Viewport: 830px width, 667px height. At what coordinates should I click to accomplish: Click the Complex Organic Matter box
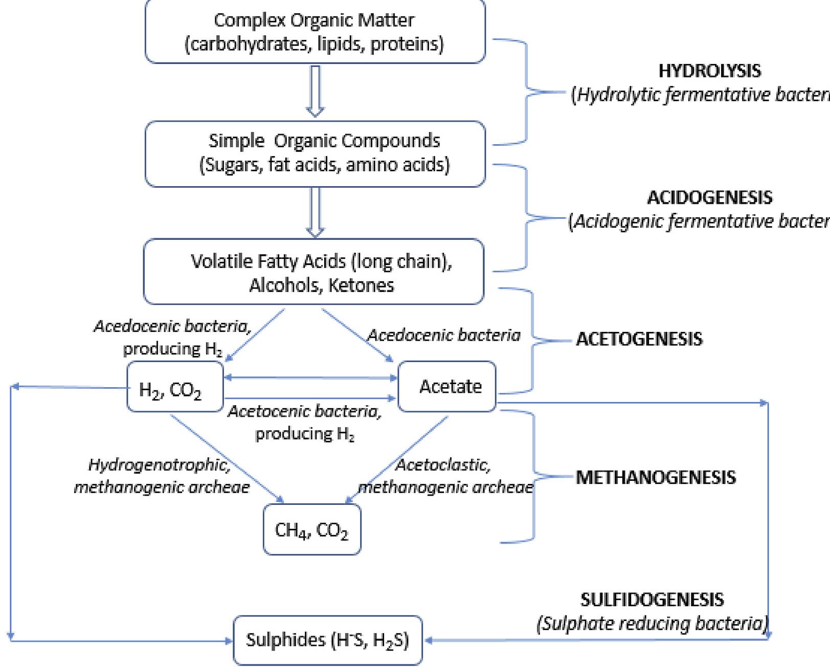click(x=315, y=32)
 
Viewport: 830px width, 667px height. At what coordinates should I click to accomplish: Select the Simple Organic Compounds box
click(x=315, y=153)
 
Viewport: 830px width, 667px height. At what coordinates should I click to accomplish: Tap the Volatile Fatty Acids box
click(x=313, y=272)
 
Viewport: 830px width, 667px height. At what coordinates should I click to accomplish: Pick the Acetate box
click(x=447, y=386)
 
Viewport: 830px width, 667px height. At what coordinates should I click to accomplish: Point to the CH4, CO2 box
click(x=312, y=529)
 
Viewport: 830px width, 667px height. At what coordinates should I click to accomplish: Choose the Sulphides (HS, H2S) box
click(x=328, y=640)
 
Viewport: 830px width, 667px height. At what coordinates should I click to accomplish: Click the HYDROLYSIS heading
click(x=709, y=71)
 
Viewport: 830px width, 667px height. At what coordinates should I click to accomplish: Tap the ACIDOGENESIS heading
click(x=710, y=197)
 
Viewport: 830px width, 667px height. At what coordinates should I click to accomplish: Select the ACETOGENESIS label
click(x=639, y=339)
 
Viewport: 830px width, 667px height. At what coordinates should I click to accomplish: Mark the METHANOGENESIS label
click(x=656, y=477)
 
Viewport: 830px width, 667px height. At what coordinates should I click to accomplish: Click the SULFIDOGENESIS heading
click(x=652, y=599)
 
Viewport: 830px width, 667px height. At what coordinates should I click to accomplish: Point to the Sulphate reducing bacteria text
click(x=652, y=624)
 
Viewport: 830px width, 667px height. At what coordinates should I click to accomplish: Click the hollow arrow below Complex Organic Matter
click(x=315, y=91)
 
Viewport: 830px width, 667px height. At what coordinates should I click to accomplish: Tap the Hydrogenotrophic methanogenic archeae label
click(x=162, y=476)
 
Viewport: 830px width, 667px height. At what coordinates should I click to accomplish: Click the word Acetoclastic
click(x=443, y=465)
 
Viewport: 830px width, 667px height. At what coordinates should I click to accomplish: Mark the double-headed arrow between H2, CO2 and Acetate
click(x=311, y=377)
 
